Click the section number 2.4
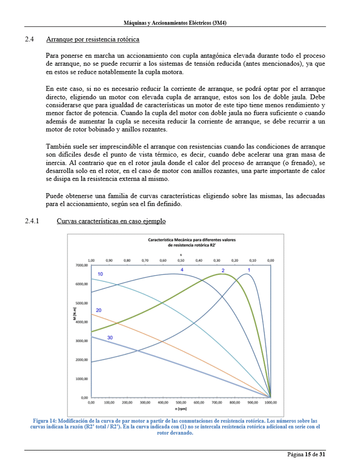point(30,40)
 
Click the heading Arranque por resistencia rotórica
point(93,40)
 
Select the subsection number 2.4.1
point(33,221)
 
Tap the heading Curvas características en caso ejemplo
point(111,221)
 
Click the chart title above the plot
point(192,242)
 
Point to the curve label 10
point(101,274)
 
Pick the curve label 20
point(99,310)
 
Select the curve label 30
point(110,338)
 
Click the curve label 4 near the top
point(182,269)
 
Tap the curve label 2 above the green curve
point(223,270)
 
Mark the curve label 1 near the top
point(249,269)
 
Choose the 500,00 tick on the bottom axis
point(181,402)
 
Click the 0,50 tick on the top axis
point(181,260)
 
